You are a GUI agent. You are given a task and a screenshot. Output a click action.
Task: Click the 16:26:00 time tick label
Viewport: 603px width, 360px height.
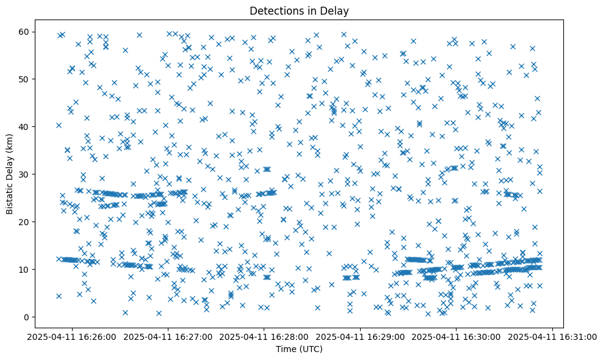(72, 336)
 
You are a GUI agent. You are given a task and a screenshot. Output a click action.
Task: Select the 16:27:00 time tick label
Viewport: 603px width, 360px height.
(168, 336)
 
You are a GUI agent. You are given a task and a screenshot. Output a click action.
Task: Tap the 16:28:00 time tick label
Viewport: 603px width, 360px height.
(264, 336)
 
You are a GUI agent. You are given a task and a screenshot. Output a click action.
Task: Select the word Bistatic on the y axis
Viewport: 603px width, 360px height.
(10, 195)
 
